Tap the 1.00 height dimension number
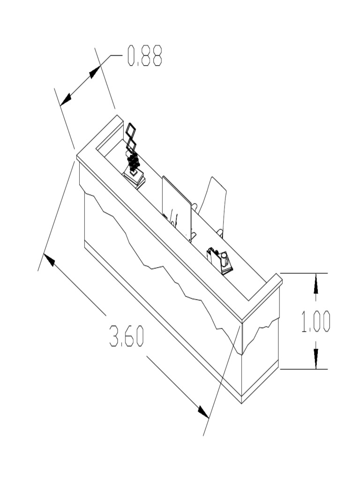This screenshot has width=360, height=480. [x=315, y=322]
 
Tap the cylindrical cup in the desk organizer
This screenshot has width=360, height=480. [x=224, y=259]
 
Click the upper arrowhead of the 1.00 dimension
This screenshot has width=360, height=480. [x=315, y=283]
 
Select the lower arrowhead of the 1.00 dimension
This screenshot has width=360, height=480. [x=315, y=360]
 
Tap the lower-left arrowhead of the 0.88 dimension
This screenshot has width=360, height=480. [x=66, y=99]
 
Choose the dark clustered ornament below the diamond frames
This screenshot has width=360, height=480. [x=134, y=162]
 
